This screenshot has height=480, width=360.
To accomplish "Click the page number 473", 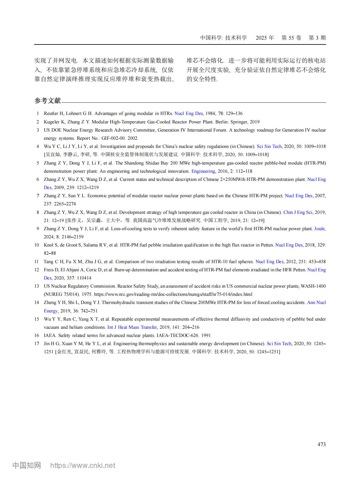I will coord(322,444).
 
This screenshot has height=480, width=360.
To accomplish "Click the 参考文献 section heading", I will coord(47,101).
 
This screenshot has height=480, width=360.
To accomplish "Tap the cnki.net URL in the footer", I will coord(83,465).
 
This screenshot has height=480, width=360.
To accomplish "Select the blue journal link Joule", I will coord(320,229).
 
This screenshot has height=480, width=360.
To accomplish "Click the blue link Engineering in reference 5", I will coord(203,171).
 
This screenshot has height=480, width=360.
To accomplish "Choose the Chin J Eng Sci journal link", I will coord(298,212).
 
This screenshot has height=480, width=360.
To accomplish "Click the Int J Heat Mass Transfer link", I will coord(132,327).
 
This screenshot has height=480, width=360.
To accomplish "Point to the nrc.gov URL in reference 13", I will coord(173,294).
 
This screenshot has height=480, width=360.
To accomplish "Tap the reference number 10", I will coord(37,245).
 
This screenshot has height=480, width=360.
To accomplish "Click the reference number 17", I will coord(37,344).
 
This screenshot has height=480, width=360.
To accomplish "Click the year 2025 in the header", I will coord(261,38).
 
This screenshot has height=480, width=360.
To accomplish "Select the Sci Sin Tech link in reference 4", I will coord(269,146).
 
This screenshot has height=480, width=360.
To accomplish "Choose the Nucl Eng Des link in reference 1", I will coord(188,113).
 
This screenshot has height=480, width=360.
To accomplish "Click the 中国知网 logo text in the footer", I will coord(27,465).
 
